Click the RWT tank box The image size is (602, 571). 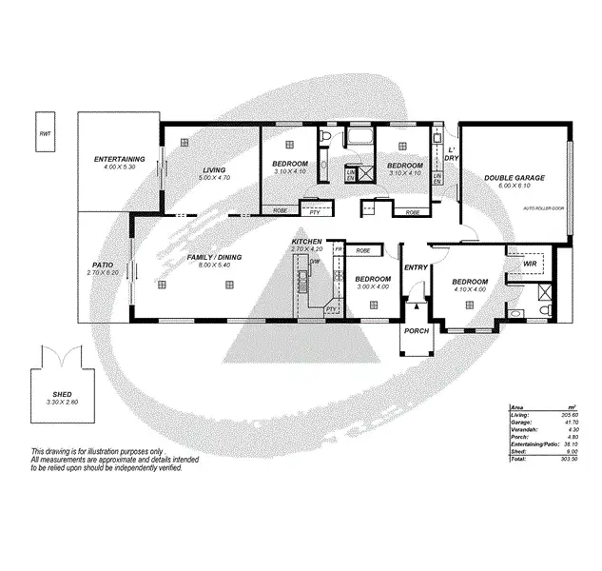(45, 134)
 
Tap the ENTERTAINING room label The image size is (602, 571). (119, 158)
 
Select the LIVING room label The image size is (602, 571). (212, 170)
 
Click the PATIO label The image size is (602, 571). (103, 266)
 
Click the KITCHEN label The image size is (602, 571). (306, 243)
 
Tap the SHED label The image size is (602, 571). (62, 394)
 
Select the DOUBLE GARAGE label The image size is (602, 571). (514, 178)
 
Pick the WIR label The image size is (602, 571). (531, 262)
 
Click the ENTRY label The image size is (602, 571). (416, 267)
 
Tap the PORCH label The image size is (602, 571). (417, 331)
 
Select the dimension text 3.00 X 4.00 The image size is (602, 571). (372, 286)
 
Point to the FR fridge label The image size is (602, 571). (338, 249)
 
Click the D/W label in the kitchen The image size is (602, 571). (313, 261)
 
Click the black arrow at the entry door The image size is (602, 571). (416, 298)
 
